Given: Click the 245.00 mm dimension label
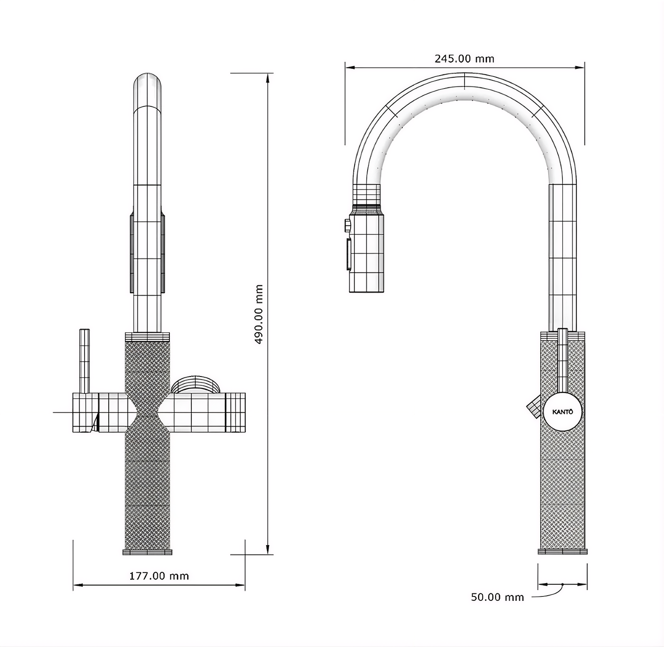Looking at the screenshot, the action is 464,59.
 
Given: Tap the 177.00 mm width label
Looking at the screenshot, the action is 159,576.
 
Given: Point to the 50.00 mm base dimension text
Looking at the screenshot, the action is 497,597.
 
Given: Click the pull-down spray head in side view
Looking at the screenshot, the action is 366,253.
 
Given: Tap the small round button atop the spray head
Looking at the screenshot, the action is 347,225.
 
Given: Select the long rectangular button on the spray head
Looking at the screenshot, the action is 348,254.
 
